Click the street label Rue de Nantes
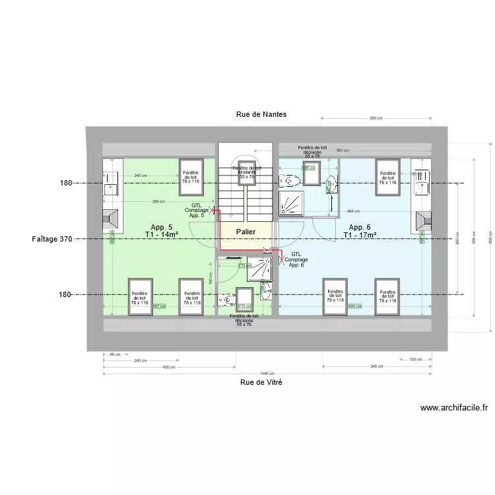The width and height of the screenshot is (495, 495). pos(261,114)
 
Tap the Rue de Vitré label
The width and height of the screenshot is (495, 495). pos(261,382)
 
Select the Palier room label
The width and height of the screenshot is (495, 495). pos(246,232)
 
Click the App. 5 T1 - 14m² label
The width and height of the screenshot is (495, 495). pos(162,230)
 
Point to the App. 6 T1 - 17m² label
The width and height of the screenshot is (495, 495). pos(360,230)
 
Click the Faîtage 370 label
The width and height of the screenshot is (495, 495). pos(51,239)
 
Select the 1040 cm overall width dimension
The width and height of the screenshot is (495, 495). pos(267,374)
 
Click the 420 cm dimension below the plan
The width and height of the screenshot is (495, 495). pos(169,368)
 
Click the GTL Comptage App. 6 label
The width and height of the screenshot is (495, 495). pos(296,259)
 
